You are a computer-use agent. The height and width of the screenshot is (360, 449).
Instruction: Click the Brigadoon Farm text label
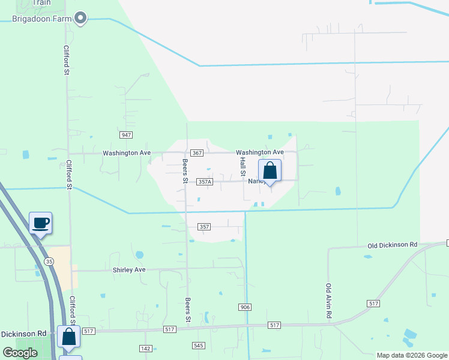click(x=42, y=19)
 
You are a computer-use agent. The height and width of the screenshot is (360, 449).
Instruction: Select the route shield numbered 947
click(x=126, y=136)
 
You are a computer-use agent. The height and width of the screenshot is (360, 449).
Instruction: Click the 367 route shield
click(x=196, y=154)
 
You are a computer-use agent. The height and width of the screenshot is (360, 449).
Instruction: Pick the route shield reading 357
click(x=204, y=227)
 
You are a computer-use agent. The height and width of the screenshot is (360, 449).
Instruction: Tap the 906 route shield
click(x=244, y=307)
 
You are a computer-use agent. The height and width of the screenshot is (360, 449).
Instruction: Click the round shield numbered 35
click(x=49, y=261)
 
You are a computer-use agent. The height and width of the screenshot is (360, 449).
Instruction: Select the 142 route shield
click(x=145, y=348)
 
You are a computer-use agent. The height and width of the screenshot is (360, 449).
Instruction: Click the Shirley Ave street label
click(x=129, y=270)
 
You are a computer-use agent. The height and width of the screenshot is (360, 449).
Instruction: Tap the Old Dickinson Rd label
click(x=392, y=245)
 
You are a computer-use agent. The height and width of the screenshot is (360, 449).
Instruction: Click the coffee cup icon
click(x=41, y=223)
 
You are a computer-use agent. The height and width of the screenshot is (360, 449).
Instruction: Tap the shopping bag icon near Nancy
click(x=270, y=170)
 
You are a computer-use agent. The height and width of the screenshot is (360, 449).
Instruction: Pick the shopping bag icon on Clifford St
click(x=69, y=337)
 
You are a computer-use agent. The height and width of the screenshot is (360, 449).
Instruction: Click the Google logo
click(x=20, y=353)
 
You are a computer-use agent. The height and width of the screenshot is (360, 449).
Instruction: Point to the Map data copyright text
click(x=411, y=355)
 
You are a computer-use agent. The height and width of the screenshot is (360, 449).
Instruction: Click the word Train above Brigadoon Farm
click(x=41, y=2)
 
